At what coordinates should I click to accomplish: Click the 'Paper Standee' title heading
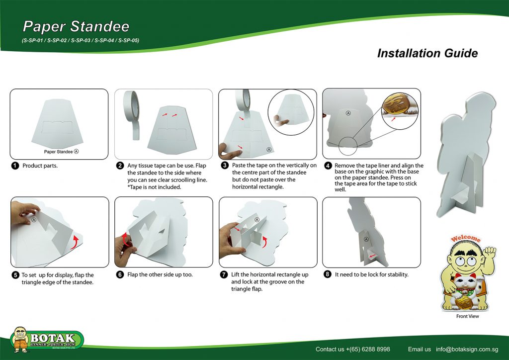(76, 27)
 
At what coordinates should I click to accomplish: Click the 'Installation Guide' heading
(427, 53)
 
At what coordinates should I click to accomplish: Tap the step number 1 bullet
(15, 166)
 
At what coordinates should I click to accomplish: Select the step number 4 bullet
(328, 166)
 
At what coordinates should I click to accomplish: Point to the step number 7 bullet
(224, 274)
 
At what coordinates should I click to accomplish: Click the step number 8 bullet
(328, 274)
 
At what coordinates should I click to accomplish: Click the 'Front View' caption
(467, 316)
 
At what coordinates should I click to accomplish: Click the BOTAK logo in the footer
(47, 340)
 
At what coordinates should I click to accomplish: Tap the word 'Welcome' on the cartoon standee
(466, 239)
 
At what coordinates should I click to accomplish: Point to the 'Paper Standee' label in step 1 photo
(58, 152)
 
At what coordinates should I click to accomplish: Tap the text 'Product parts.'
(40, 166)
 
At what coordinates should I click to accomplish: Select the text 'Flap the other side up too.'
(160, 274)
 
